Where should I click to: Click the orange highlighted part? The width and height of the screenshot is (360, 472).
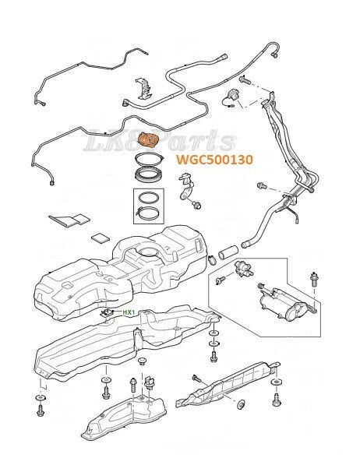pos(147,140)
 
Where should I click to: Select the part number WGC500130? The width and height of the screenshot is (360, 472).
pos(214,160)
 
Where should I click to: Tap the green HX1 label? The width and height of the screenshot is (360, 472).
pos(129,312)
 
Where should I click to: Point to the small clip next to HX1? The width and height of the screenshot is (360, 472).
pos(107,313)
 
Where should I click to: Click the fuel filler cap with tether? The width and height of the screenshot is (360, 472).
pos(231,97)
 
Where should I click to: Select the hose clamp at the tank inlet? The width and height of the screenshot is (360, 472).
pos(213,259)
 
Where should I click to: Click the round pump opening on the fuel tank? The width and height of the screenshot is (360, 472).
pos(149,252)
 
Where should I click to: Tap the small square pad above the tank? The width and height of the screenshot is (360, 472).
pos(101,238)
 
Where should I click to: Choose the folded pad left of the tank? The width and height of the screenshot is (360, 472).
pos(69,220)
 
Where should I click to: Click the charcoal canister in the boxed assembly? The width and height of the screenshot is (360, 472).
pos(284,303)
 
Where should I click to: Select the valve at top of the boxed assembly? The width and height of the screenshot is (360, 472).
pos(243,269)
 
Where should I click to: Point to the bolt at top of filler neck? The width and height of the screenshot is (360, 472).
pos(245,80)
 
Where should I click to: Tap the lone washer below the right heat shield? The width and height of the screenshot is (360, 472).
pos(241,404)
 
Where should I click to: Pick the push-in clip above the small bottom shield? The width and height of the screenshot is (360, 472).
pos(142,361)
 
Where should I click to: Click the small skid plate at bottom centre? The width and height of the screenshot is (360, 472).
pos(124,417)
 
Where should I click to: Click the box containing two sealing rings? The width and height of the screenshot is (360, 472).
pos(149,206)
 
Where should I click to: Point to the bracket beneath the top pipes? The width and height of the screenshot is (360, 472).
pos(143,88)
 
